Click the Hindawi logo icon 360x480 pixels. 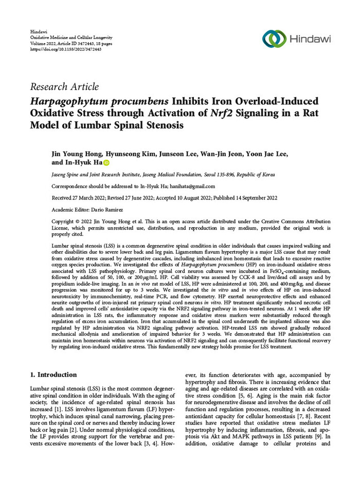point(274,39)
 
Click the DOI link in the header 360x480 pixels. point(66,49)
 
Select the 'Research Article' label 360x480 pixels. point(65,87)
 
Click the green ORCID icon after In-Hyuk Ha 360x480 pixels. point(107,163)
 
